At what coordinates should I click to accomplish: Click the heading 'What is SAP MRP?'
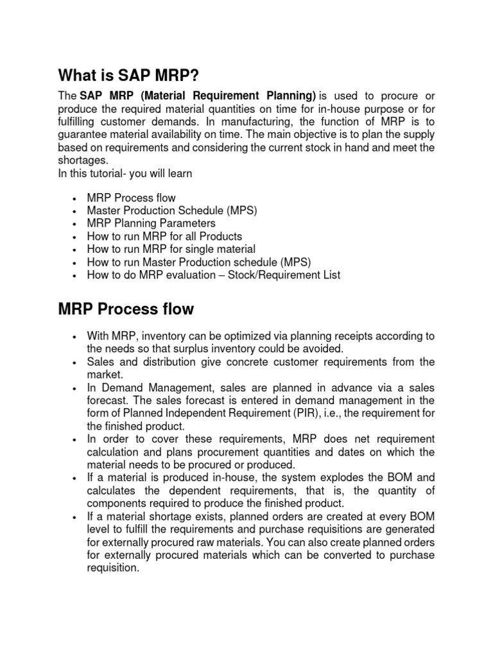[x=125, y=76]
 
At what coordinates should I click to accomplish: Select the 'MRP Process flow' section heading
[x=126, y=309]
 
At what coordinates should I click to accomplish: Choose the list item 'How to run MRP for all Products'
[x=164, y=236]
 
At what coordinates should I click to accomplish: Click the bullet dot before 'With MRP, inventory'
[x=76, y=337]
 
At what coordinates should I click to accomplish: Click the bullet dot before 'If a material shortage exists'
[x=76, y=516]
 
